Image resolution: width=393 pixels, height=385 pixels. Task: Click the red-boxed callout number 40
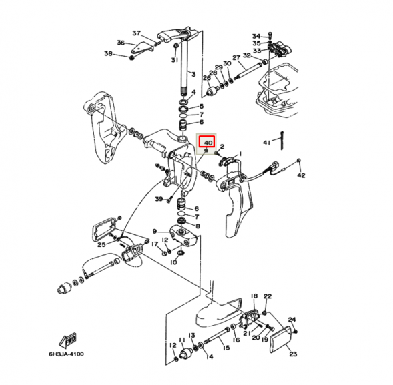pyautogui.click(x=208, y=143)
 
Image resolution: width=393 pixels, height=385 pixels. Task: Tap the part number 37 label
pyautogui.click(x=136, y=33)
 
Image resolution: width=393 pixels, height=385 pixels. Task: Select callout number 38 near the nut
pyautogui.click(x=109, y=53)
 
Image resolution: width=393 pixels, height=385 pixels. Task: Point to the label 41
pyautogui.click(x=266, y=143)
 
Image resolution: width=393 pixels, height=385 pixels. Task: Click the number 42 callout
pyautogui.click(x=300, y=175)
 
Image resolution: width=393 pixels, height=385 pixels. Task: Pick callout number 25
pyautogui.click(x=101, y=245)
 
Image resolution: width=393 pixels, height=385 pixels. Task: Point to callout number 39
pyautogui.click(x=158, y=199)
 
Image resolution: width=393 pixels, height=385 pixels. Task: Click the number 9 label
pyautogui.click(x=154, y=232)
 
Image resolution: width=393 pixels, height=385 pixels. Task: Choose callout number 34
pyautogui.click(x=256, y=36)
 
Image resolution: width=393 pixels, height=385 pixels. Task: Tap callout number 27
pyautogui.click(x=236, y=58)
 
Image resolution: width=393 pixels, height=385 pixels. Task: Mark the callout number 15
pyautogui.click(x=226, y=348)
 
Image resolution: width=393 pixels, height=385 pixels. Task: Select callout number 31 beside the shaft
pyautogui.click(x=174, y=60)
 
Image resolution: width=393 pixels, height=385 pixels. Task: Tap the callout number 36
pyautogui.click(x=121, y=43)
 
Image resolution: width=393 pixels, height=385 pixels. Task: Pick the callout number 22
pyautogui.click(x=268, y=296)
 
